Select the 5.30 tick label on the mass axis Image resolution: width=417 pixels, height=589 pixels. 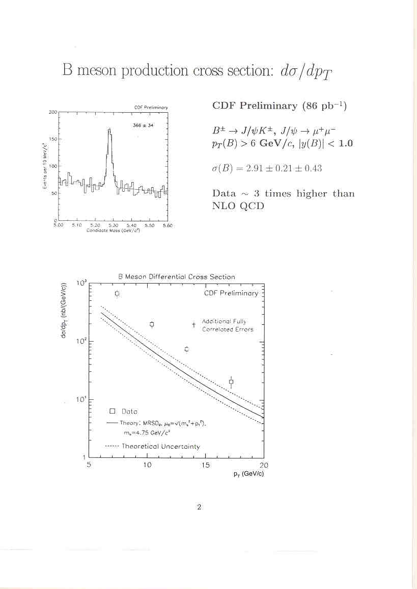pos(114,225)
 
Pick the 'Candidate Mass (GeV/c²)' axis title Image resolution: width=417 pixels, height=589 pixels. pos(113,230)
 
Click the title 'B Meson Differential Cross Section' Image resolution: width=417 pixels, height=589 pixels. pos(177,276)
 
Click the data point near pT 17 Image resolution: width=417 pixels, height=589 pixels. pos(231,381)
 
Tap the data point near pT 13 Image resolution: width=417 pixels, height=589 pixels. pos(187,349)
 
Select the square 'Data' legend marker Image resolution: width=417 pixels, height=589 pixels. pos(113,411)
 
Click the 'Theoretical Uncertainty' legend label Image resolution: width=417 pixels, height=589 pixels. pos(161,446)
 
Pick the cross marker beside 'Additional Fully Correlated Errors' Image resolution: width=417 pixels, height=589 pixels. pos(194,324)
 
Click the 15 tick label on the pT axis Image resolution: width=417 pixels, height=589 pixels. pos(205,465)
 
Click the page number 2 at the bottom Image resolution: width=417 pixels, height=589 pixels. pos(199,507)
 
